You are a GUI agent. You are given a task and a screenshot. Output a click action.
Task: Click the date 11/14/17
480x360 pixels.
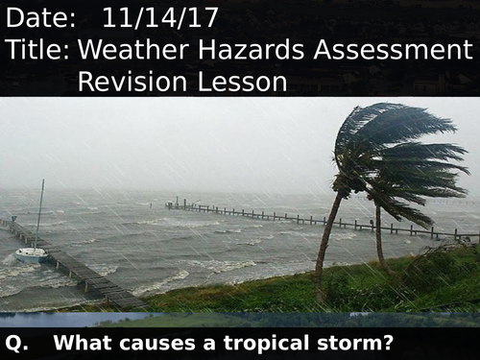160,17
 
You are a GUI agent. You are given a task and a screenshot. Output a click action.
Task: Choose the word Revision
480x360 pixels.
132,83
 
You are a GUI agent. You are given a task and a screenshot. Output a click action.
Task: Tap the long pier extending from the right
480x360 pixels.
317,219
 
